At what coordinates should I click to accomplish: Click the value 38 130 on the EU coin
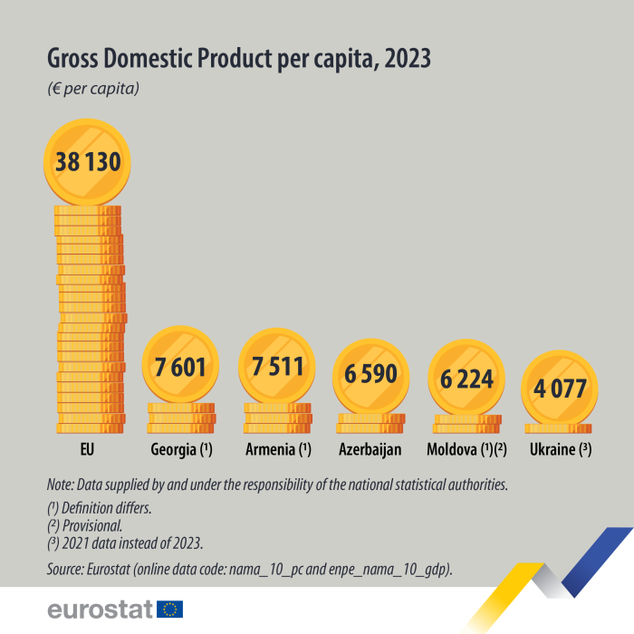pyautogui.click(x=88, y=165)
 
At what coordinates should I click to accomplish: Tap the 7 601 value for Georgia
pyautogui.click(x=181, y=368)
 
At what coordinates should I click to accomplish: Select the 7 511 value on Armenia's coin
pyautogui.click(x=276, y=367)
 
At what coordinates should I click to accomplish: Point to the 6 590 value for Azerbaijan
pyautogui.click(x=371, y=375)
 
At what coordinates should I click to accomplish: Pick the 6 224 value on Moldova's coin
pyautogui.click(x=466, y=379)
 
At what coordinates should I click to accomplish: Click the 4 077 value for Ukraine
pyautogui.click(x=559, y=389)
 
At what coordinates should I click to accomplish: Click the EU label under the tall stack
pyautogui.click(x=87, y=448)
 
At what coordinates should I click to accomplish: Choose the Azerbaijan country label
pyautogui.click(x=370, y=448)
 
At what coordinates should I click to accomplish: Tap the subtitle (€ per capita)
pyautogui.click(x=91, y=89)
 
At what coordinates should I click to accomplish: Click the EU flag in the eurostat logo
pyautogui.click(x=169, y=609)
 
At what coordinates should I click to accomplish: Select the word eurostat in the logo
pyautogui.click(x=100, y=609)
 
